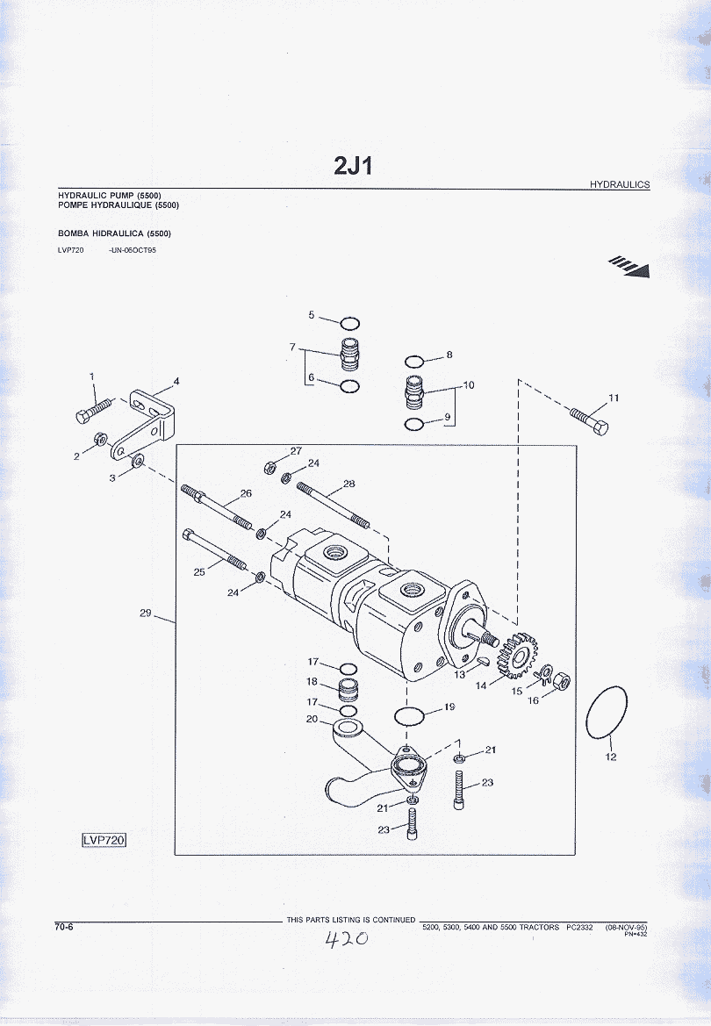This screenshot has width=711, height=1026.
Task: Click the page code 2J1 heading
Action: (x=354, y=165)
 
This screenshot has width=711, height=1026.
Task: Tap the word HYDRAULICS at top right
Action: (x=619, y=184)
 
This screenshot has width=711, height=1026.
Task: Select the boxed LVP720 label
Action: (x=104, y=840)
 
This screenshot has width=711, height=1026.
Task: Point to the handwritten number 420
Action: (x=346, y=940)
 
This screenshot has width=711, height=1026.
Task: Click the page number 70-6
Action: (x=63, y=925)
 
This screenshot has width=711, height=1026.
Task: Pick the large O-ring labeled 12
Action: (x=607, y=714)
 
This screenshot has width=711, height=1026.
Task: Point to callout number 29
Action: (x=146, y=613)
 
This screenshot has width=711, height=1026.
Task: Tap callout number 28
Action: (x=349, y=484)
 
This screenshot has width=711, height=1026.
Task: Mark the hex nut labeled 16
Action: (x=565, y=679)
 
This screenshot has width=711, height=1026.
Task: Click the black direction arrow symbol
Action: (x=631, y=266)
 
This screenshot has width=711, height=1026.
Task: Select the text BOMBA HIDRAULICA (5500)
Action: (x=114, y=233)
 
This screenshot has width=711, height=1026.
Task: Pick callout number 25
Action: (x=199, y=572)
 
